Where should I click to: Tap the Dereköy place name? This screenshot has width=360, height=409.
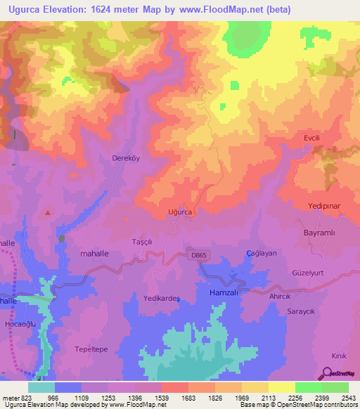pyautogui.click(x=127, y=158)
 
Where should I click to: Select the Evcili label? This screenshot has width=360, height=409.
pyautogui.click(x=311, y=138)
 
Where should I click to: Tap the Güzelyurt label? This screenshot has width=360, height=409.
pyautogui.click(x=310, y=272)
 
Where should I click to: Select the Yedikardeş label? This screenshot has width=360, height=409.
pyautogui.click(x=162, y=298)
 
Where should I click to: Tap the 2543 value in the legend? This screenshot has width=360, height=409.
pyautogui.click(x=347, y=397)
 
